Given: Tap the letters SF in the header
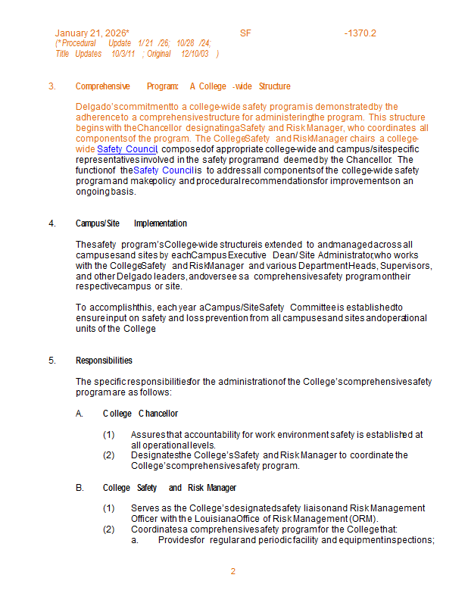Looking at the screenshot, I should [245, 33].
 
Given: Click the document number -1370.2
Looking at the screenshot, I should [360, 33].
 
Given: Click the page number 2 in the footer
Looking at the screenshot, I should [233, 571].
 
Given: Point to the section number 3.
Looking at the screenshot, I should [51, 86].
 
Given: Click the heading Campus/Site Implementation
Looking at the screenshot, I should [131, 223].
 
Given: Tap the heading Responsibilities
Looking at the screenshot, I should [104, 361].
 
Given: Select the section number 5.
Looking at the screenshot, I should [51, 361].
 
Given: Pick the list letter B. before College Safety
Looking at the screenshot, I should [80, 488].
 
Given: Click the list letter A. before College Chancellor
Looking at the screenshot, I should [80, 414].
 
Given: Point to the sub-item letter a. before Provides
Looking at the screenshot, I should [134, 540].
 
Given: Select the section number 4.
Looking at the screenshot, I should [51, 223].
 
